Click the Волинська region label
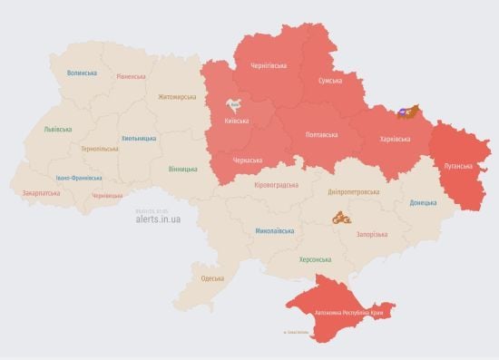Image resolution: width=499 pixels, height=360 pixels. coord(83,73)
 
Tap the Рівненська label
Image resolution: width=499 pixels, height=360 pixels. coord(131,76)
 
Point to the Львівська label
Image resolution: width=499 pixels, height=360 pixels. coord(58,130)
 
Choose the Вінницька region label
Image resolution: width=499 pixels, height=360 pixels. coord(184,169)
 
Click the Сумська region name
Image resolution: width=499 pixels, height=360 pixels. coord(329,81)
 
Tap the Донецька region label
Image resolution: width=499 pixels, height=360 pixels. coord(423,202)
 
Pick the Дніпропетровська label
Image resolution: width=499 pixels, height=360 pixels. coord(353,192)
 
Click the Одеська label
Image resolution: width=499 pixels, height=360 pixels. coord(212,277)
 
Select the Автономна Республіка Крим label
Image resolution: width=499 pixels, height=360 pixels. coord(353,313)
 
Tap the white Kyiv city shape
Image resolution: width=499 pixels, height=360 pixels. coord(233,106)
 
